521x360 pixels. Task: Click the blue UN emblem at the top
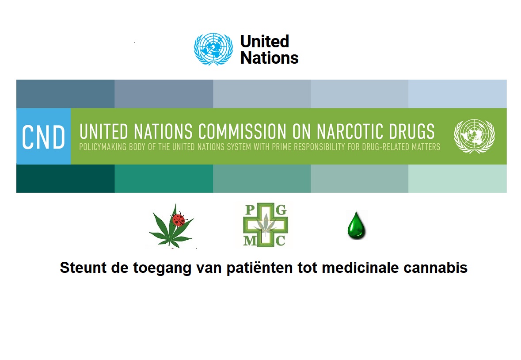(x=213, y=49)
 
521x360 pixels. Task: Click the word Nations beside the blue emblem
(x=270, y=58)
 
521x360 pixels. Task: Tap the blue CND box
(x=44, y=136)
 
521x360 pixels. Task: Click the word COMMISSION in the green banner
(x=242, y=131)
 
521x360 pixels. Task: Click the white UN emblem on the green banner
(x=475, y=136)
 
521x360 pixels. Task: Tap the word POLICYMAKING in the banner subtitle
(x=103, y=147)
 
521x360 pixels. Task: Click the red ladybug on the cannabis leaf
(x=178, y=220)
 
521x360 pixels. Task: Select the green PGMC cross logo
(x=266, y=225)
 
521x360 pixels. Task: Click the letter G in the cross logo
(x=281, y=210)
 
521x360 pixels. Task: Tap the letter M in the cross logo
(x=250, y=240)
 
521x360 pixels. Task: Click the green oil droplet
(x=356, y=225)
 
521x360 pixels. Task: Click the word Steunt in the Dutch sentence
(x=83, y=268)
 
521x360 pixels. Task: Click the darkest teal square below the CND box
(x=65, y=179)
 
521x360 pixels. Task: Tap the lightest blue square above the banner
(x=457, y=94)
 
